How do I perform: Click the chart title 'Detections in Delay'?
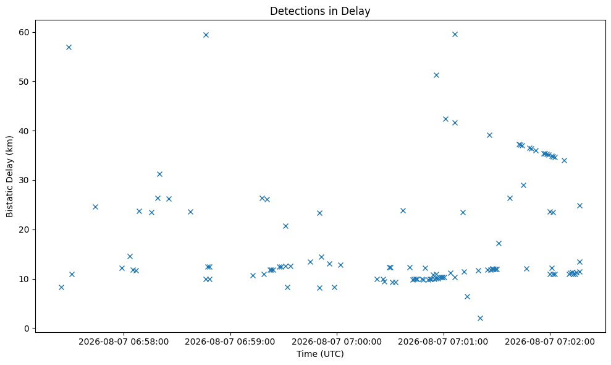(x=320, y=11)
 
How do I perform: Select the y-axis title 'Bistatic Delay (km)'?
(x=9, y=176)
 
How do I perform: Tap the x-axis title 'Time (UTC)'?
(x=320, y=354)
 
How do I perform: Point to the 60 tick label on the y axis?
(x=24, y=32)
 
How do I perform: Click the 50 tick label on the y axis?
(x=24, y=82)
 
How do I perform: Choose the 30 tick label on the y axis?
(x=24, y=181)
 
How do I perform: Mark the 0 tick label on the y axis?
(x=27, y=328)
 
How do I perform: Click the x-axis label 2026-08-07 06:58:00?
(x=124, y=342)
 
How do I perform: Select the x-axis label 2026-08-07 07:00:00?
(x=337, y=342)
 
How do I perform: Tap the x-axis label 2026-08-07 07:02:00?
(x=550, y=342)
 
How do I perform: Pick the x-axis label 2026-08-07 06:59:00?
(x=230, y=342)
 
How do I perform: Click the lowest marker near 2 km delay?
(x=480, y=318)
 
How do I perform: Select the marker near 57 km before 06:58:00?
(x=69, y=47)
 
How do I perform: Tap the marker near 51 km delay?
(x=436, y=75)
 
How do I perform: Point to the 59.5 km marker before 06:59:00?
(x=206, y=35)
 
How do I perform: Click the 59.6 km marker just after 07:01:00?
(x=455, y=35)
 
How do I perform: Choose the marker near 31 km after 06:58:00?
(x=159, y=174)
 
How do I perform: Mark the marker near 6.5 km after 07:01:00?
(x=467, y=296)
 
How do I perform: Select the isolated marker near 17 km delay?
(x=499, y=243)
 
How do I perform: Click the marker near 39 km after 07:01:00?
(x=489, y=135)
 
